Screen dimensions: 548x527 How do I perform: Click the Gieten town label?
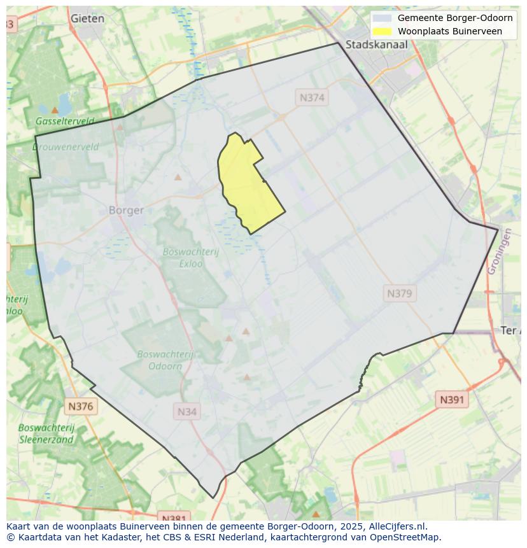87,18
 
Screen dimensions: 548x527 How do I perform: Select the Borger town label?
126,210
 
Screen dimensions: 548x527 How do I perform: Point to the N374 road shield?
312,97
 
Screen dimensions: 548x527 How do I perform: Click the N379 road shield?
400,293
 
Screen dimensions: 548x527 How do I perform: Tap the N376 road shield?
80,406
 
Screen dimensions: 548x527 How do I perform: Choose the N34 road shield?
186,412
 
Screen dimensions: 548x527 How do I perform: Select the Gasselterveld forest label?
65,121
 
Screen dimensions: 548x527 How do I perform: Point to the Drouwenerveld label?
66,146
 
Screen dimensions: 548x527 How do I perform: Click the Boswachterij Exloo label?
190,256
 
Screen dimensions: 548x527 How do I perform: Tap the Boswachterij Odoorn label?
165,360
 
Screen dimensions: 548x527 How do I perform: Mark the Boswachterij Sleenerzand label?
46,433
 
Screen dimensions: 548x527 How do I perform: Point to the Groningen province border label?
500,251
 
